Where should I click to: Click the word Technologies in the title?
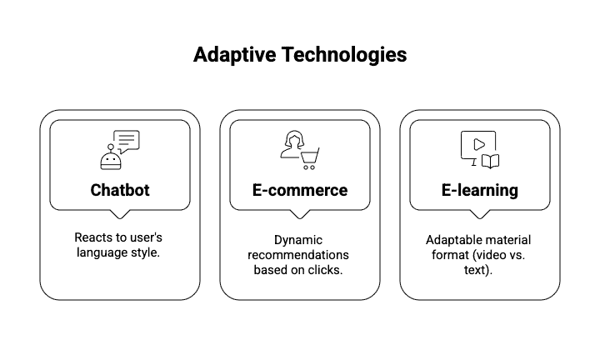click(x=344, y=55)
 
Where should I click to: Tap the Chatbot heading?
click(x=120, y=190)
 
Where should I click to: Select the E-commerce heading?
click(x=300, y=190)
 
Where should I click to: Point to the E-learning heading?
click(x=480, y=191)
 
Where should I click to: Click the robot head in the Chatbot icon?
click(x=111, y=161)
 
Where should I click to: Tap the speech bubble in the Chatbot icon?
click(x=127, y=142)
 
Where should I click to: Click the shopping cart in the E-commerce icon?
click(x=309, y=159)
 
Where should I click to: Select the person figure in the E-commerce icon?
click(x=292, y=144)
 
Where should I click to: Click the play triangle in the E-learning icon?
click(x=479, y=145)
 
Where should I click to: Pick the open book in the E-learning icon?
click(x=490, y=162)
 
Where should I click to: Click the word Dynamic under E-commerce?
click(x=298, y=241)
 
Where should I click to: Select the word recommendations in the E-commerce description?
click(x=298, y=255)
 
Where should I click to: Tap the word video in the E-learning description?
click(x=490, y=255)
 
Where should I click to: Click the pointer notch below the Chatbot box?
click(x=120, y=214)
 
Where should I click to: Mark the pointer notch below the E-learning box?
click(x=480, y=214)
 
